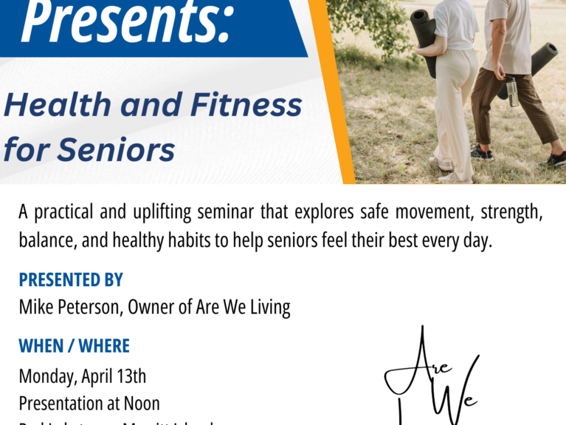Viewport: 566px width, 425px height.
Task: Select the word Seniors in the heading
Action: [118, 150]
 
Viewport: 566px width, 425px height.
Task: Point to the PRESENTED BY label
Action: [71, 280]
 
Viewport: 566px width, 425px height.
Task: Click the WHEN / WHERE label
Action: [74, 346]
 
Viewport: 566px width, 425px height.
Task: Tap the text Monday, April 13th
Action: [83, 376]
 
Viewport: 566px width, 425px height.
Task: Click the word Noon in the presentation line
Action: [141, 404]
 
